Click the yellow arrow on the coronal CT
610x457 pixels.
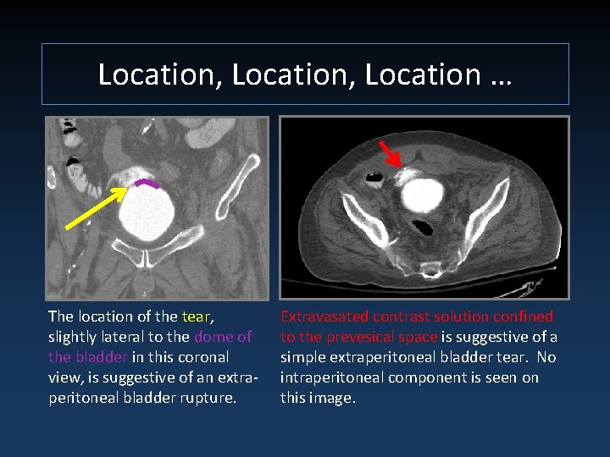[x=96, y=208]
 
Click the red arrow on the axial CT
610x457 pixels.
[x=391, y=155]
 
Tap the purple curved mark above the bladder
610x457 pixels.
[x=149, y=184]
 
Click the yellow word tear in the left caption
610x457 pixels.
[x=196, y=317]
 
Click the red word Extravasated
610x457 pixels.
[x=324, y=317]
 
